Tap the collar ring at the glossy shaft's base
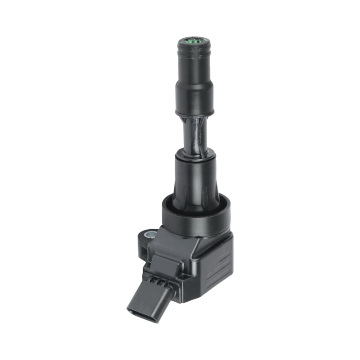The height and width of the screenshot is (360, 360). (195, 155)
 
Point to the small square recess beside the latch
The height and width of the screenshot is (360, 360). (187, 277)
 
